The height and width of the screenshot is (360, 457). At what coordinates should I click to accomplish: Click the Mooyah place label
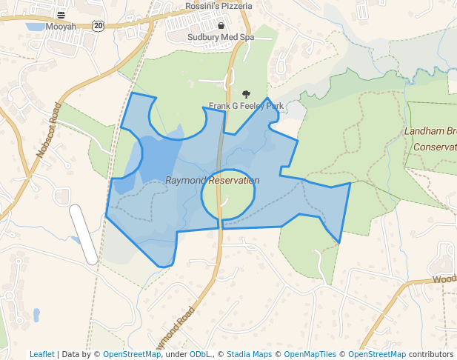pyautogui.click(x=61, y=26)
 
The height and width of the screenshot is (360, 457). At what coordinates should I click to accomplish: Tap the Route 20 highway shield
pyautogui.click(x=99, y=26)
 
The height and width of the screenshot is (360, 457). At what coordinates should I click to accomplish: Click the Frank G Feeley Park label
pyautogui.click(x=246, y=106)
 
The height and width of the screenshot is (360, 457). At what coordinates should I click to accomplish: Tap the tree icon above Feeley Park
pyautogui.click(x=246, y=95)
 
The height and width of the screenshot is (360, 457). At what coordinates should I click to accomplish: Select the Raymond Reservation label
pyautogui.click(x=212, y=180)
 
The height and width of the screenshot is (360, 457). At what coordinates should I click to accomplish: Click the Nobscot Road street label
pyautogui.click(x=49, y=130)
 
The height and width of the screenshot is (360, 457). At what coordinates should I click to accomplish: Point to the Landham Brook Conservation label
pyautogui.click(x=430, y=139)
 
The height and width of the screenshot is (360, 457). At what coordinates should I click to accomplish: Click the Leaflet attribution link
pyautogui.click(x=41, y=354)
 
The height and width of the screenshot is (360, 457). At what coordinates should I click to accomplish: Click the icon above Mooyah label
pyautogui.click(x=61, y=15)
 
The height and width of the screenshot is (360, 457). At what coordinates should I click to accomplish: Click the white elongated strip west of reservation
pyautogui.click(x=84, y=233)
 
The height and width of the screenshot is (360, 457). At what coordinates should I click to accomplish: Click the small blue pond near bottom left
pyautogui.click(x=36, y=315)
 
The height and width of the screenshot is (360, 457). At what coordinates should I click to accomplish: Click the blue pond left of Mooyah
pyautogui.click(x=35, y=27)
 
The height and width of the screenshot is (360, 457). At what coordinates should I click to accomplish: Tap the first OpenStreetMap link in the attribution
pyautogui.click(x=132, y=354)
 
